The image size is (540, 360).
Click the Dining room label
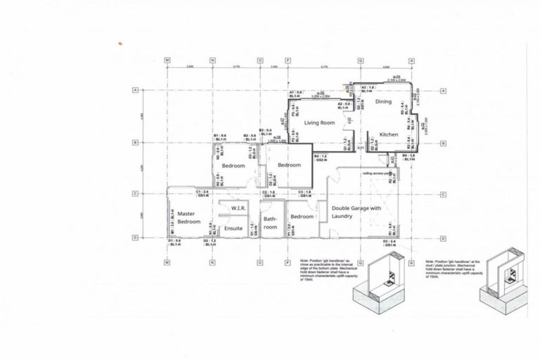tap(383, 102)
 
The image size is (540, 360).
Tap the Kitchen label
tap(389, 134)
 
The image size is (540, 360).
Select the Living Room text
tap(317, 123)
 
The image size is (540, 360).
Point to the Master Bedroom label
tap(186, 217)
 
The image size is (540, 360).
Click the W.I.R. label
tap(236, 209)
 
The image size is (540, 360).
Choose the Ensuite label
tap(233, 229)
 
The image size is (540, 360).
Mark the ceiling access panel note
tap(377, 173)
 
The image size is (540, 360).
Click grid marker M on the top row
tap(167, 60)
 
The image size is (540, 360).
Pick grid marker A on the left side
tap(134, 91)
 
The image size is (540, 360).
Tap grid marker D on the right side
tap(444, 238)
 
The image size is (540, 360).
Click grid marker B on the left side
tap(134, 142)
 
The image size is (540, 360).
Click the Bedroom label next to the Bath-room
tap(302, 217)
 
